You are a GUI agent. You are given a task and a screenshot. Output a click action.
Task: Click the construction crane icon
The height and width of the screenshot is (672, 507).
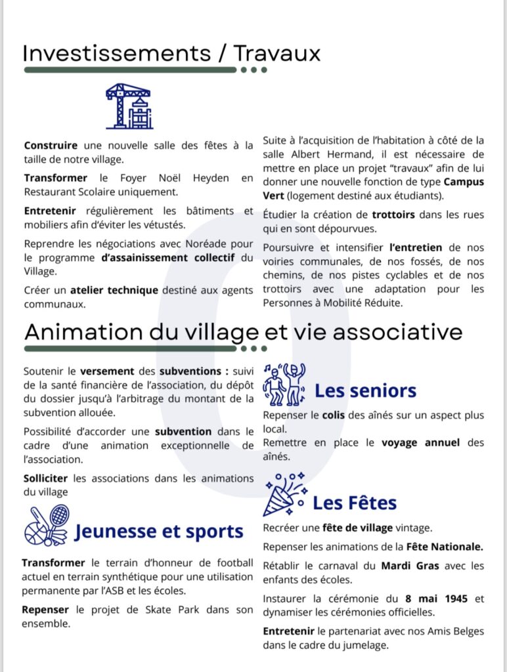129,106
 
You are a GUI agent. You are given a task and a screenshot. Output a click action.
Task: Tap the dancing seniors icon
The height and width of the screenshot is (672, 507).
284,384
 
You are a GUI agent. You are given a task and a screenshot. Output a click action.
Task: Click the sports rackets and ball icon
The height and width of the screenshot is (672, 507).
46,525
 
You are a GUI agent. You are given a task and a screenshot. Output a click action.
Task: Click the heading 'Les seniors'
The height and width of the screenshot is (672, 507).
365,391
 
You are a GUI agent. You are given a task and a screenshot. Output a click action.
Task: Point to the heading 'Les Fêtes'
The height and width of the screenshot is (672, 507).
355,503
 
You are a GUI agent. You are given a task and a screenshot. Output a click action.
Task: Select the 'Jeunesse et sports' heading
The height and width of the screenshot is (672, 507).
159,531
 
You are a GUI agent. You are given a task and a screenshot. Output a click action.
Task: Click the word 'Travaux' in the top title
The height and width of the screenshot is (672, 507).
278,53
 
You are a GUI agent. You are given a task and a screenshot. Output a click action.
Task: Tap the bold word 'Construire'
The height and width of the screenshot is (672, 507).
51,145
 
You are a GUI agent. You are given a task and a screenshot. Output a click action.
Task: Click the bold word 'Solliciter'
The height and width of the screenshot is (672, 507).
47,478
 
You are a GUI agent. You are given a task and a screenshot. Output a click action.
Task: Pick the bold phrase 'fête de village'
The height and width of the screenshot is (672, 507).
358,528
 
